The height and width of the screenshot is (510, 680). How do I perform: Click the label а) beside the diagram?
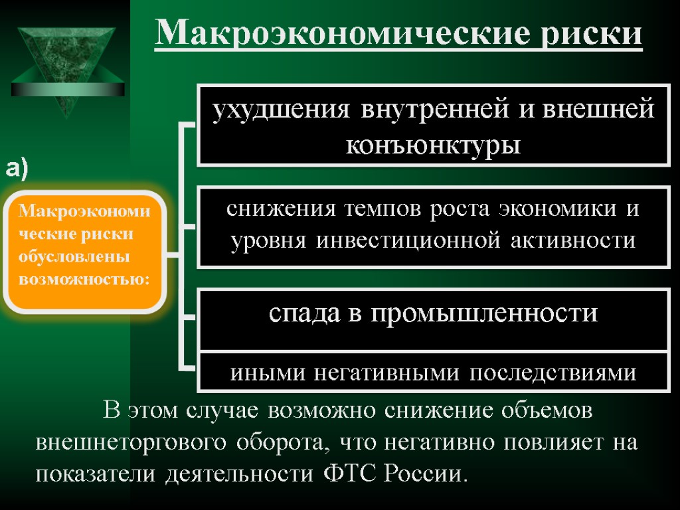pyautogui.click(x=18, y=169)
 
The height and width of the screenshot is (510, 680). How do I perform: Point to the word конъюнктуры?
pyautogui.click(x=433, y=144)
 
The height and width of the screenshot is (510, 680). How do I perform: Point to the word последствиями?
pyautogui.click(x=552, y=373)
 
